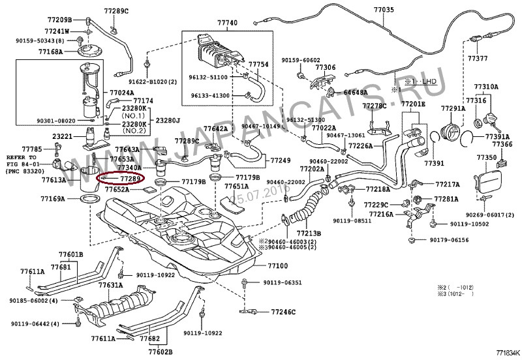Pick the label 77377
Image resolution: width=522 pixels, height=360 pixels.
477,58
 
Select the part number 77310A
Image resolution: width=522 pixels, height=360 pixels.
486,86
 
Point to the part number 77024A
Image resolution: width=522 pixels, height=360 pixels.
122,93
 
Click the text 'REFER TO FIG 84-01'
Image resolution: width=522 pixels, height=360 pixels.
22,161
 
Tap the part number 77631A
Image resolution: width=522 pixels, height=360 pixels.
111,285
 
